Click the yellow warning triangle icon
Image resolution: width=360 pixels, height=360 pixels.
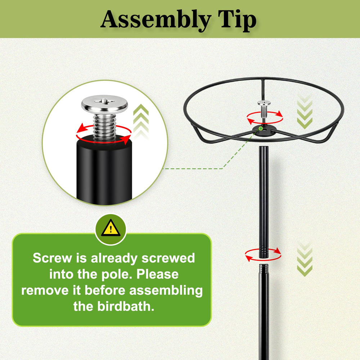111,228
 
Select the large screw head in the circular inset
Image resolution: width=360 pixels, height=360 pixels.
104,103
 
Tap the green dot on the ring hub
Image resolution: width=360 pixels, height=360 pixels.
261,129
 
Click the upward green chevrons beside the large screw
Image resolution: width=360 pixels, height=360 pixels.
141,122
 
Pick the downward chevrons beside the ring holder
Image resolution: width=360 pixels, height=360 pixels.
305,111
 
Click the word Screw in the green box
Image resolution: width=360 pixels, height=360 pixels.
52,258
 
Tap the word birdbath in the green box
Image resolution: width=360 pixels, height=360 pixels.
126,306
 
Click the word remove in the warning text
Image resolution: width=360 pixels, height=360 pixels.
45,291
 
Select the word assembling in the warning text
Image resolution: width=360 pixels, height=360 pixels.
166,291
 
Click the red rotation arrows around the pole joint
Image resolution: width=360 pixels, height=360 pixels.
263,255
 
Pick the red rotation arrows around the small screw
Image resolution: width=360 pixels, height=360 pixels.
265,118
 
